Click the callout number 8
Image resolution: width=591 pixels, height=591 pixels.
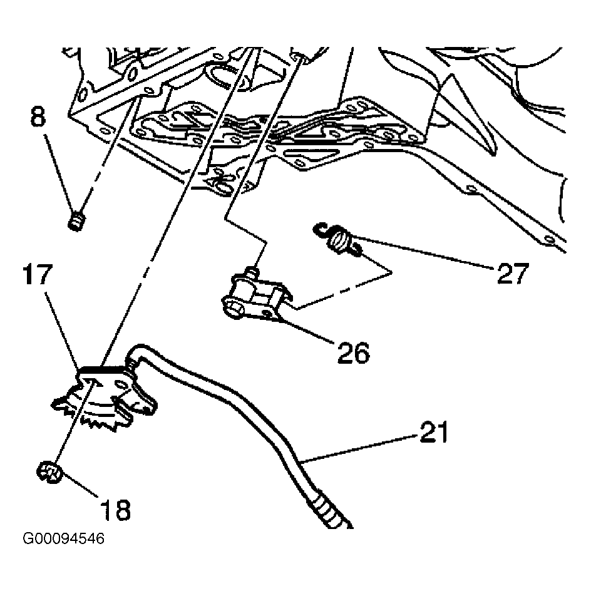tap(38, 116)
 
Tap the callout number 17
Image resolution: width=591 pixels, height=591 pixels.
tap(37, 274)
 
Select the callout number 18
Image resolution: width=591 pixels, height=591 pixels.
tap(115, 510)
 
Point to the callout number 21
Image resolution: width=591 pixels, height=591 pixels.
tap(434, 432)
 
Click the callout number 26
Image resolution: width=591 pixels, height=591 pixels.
tap(354, 353)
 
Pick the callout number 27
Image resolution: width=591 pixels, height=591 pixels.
tap(513, 273)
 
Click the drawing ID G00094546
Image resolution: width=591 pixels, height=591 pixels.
tap(64, 538)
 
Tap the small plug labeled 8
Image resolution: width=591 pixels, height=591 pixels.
tap(76, 222)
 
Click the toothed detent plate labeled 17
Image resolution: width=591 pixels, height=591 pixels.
tap(104, 399)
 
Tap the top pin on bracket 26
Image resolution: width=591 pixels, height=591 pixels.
tap(252, 271)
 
